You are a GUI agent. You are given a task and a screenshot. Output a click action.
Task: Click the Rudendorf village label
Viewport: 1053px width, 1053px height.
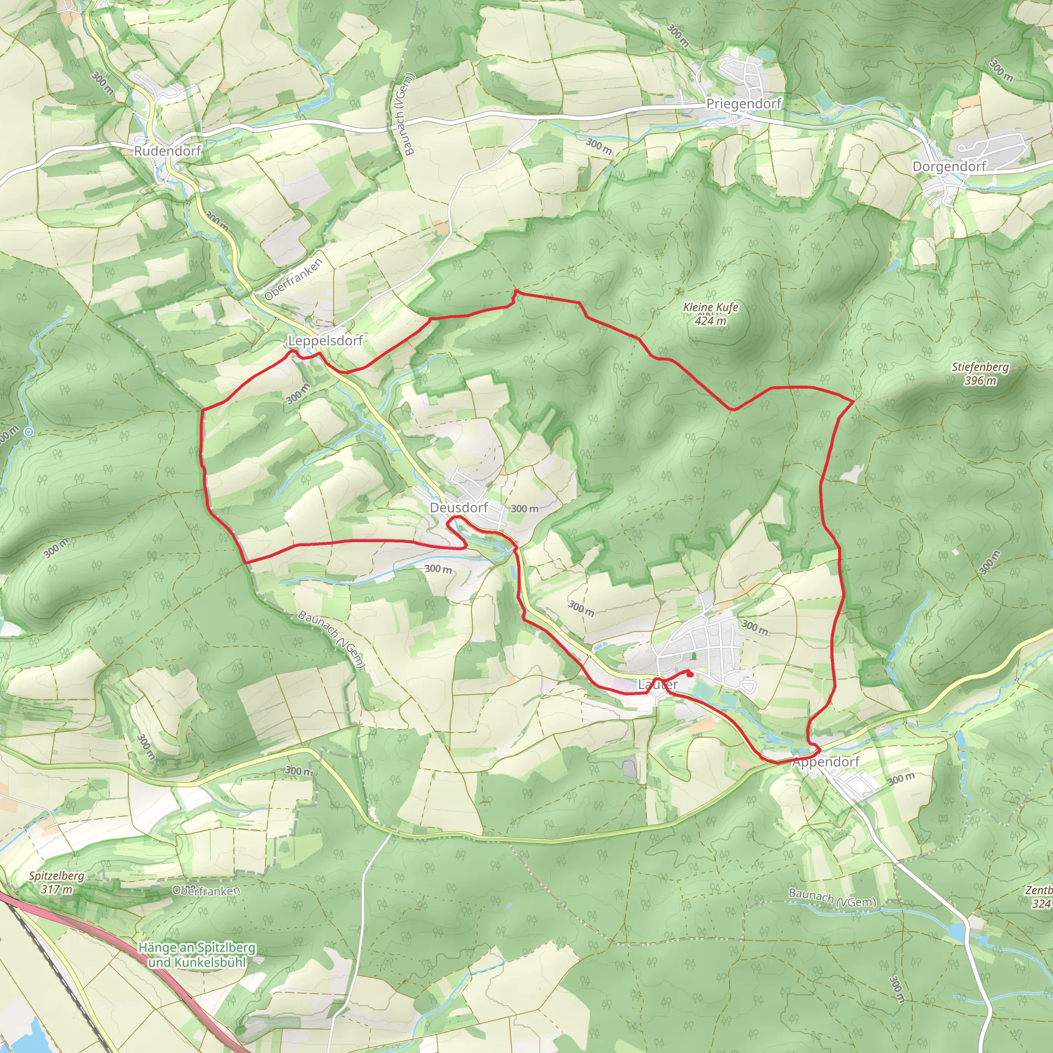pos(168,151)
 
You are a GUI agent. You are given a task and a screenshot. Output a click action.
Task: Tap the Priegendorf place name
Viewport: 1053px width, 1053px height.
pos(743,103)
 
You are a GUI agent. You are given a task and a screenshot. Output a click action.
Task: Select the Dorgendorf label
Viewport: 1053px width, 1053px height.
pos(950,166)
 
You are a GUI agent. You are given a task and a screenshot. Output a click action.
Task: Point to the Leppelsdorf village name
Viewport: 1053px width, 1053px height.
pos(325,341)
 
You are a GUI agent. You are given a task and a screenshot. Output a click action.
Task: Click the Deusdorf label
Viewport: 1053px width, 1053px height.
pos(459,508)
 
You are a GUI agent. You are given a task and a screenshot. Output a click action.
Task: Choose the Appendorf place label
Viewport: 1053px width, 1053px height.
pos(826,762)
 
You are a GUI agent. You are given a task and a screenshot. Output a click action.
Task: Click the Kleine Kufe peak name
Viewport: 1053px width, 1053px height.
pos(711,307)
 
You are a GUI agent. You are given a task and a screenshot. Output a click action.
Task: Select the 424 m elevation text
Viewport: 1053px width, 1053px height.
pos(711,320)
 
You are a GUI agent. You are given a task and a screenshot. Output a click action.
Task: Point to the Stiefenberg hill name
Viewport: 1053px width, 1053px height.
pos(981,367)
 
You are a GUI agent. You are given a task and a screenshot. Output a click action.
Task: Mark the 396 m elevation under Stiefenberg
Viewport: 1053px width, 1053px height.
pos(981,380)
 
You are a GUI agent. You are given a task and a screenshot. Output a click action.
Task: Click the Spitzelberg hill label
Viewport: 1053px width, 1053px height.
pos(57,876)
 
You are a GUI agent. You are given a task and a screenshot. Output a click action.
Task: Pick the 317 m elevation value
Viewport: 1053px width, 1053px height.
pos(57,889)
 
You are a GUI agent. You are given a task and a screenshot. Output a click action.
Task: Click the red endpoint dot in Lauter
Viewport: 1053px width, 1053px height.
pos(691,675)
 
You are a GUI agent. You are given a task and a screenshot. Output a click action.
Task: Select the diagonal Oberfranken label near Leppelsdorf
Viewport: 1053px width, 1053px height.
pos(294,279)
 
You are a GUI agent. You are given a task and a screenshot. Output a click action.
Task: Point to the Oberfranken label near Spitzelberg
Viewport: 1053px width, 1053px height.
pos(206,891)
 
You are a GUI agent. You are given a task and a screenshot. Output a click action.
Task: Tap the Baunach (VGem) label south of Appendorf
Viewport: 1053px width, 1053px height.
pos(832,898)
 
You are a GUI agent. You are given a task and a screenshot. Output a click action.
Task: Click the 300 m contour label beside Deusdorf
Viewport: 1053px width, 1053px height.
pos(525,509)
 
